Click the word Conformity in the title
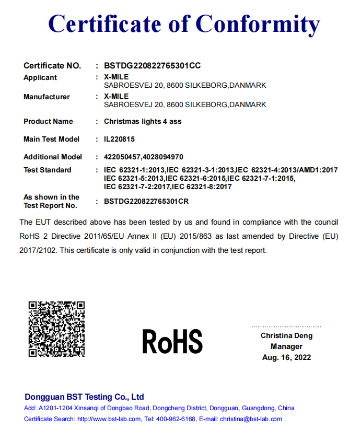tap(258, 24)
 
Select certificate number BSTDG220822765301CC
tap(153, 66)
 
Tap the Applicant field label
tap(40, 77)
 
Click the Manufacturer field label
tap(46, 97)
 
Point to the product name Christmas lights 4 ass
tap(143, 121)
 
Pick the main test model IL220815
tap(120, 139)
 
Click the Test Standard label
tap(48, 170)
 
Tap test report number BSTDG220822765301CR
tap(146, 201)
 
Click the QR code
tap(56, 329)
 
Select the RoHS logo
tap(172, 342)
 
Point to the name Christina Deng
tap(286, 335)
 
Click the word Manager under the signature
tap(286, 346)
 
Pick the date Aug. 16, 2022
tap(286, 357)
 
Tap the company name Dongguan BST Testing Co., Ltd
tap(84, 397)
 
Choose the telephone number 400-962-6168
tap(175, 419)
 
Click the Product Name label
tap(48, 121)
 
